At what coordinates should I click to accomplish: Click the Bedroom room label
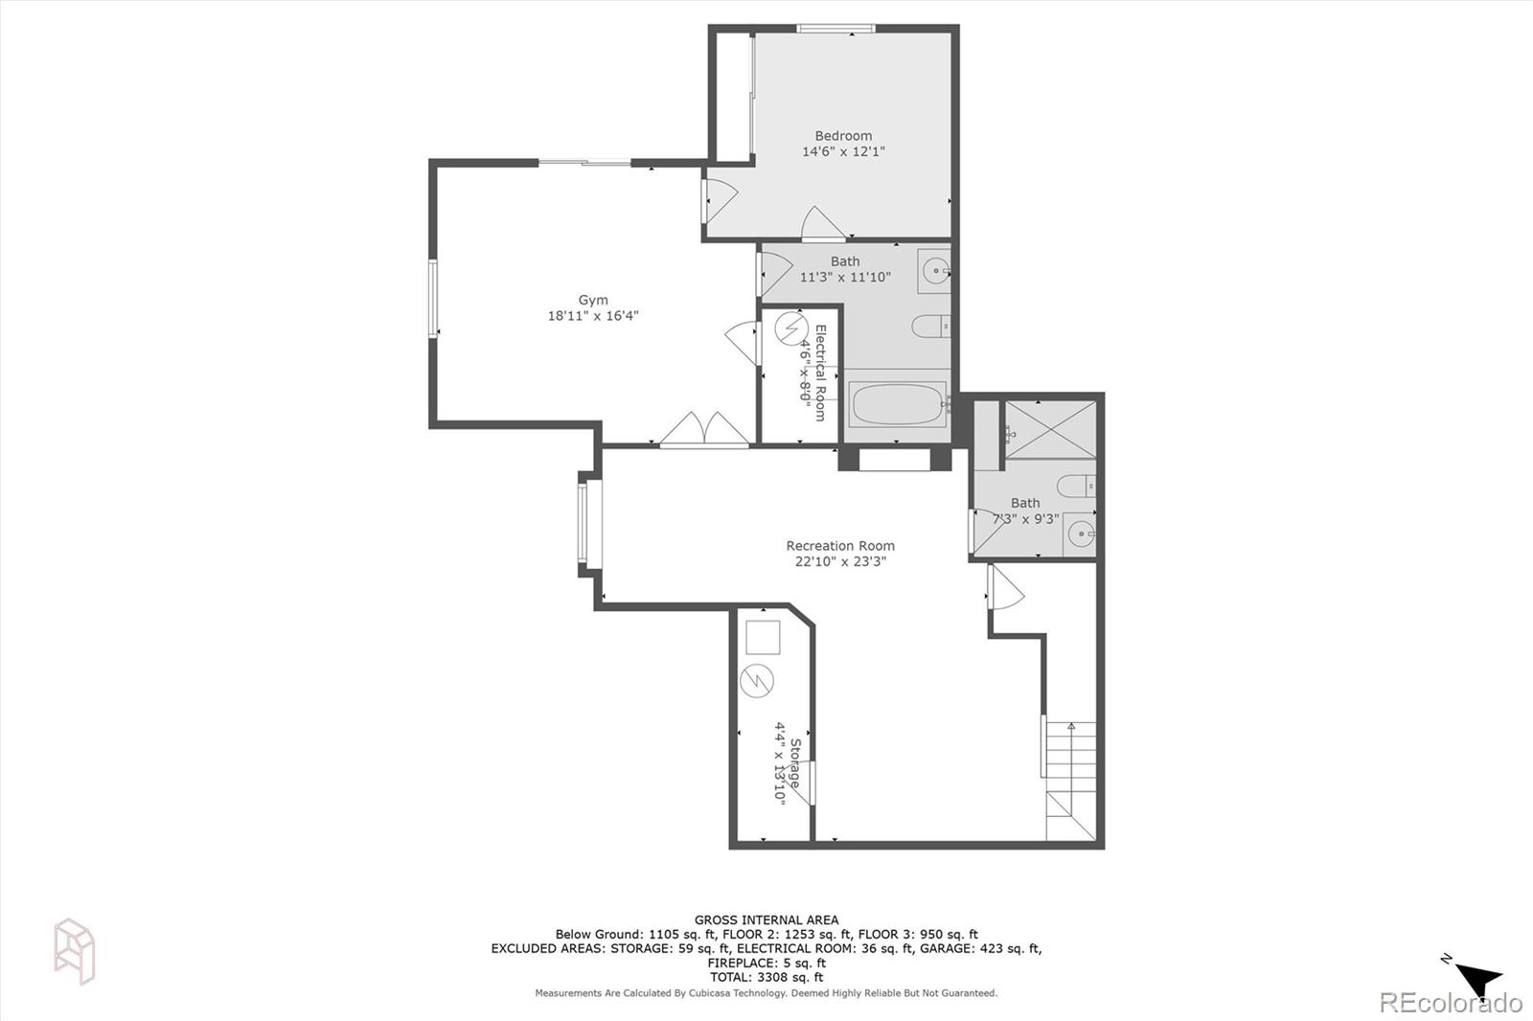(843, 136)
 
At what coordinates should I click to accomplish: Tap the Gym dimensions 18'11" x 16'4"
(593, 316)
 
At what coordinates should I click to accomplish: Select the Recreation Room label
(840, 546)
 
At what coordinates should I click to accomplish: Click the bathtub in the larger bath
(898, 404)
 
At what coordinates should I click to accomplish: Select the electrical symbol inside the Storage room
(758, 681)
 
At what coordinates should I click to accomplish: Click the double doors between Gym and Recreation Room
(704, 430)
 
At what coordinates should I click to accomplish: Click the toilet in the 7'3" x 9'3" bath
(1079, 486)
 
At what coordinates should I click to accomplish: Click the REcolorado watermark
(1450, 1003)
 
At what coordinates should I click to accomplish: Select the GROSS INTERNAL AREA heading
(766, 920)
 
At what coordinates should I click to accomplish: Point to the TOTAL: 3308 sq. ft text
(766, 977)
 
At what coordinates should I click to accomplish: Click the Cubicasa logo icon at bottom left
(74, 950)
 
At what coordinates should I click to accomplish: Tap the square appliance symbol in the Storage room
(763, 637)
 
